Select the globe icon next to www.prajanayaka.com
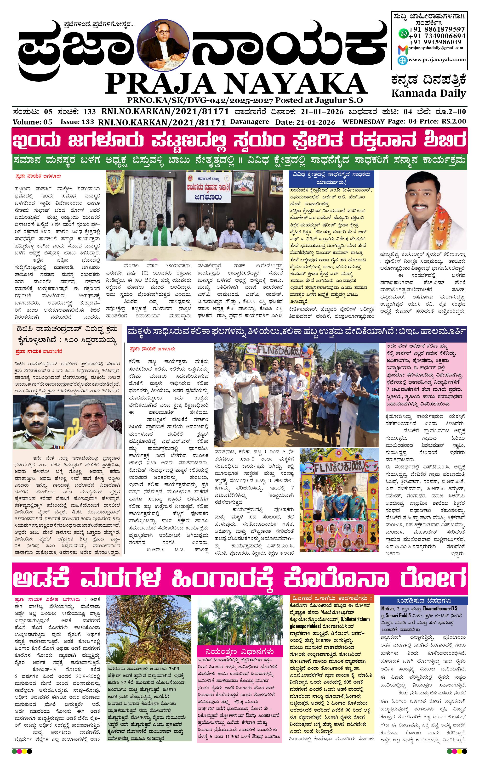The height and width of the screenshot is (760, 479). [x=403, y=60]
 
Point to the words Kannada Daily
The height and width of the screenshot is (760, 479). [x=428, y=93]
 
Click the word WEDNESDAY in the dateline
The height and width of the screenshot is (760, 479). [x=363, y=122]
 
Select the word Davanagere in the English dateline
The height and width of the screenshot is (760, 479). [x=250, y=122]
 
